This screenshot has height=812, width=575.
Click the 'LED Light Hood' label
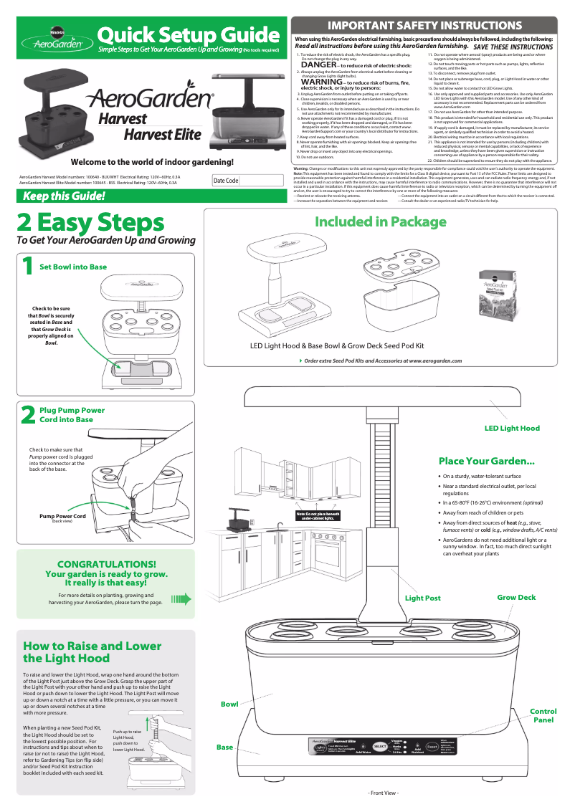(x=512, y=429)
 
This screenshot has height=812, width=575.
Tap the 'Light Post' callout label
(x=423, y=598)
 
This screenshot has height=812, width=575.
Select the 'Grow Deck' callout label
(x=516, y=597)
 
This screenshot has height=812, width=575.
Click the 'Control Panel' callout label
(x=543, y=715)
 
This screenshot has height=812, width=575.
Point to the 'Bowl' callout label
(x=229, y=704)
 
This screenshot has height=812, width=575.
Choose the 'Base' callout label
(x=225, y=747)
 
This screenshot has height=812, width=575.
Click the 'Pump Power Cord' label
(x=62, y=516)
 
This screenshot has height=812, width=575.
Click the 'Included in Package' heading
(x=381, y=222)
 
